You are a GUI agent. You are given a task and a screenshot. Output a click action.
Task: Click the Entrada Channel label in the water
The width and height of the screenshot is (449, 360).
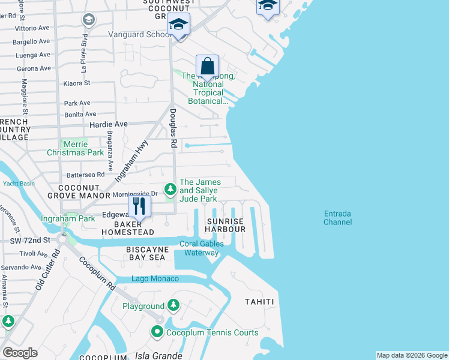[337, 218]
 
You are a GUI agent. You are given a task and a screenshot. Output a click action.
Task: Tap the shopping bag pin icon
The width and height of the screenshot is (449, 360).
[207, 66]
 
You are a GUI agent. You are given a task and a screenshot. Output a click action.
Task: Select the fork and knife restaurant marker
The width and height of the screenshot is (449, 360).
[139, 206]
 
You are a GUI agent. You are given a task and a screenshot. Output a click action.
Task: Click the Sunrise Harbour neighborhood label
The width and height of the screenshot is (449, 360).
[226, 225]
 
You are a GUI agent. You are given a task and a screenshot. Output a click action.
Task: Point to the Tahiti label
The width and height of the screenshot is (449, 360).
[259, 302]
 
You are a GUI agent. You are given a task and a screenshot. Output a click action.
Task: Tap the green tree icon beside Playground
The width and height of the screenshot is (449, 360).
[173, 306]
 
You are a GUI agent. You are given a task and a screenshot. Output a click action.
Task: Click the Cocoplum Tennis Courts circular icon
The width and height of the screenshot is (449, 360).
[157, 332]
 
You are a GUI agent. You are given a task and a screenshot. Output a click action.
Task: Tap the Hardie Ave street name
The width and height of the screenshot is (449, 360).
[108, 124]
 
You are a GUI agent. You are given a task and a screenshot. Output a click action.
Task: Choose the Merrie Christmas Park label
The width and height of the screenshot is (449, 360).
[76, 149]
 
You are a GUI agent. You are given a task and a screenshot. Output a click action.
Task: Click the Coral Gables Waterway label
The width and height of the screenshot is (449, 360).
[202, 248]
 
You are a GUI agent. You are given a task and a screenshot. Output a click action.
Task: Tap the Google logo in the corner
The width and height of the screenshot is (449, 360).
[20, 353]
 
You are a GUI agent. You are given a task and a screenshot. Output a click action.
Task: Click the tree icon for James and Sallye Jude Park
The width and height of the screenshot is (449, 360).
[171, 190]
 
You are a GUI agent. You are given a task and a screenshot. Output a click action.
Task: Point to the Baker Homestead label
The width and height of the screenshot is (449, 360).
[127, 228]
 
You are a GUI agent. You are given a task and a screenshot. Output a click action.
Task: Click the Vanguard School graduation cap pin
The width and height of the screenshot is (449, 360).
[178, 25]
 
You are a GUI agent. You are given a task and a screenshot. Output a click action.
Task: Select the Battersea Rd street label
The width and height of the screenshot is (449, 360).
[85, 175]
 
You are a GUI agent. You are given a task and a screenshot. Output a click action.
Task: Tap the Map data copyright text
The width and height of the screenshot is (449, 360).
[411, 355]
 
